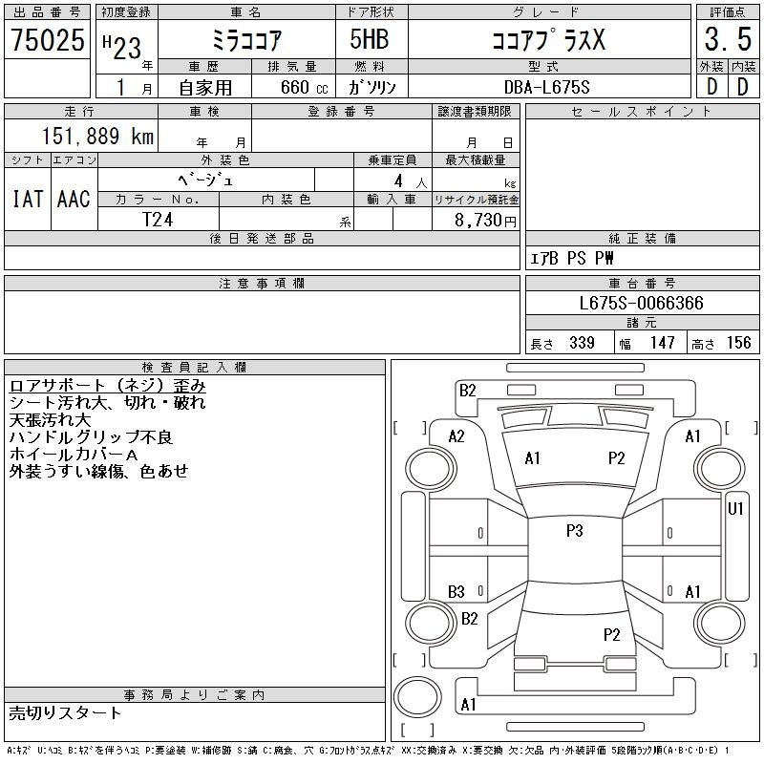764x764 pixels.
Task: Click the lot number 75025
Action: (x=47, y=39)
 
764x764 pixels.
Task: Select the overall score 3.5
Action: (x=728, y=39)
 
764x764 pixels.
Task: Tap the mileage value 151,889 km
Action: (x=97, y=136)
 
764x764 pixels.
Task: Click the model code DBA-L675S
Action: (x=546, y=87)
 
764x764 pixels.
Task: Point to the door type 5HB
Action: (x=370, y=39)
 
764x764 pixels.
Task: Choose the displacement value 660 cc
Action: (x=304, y=87)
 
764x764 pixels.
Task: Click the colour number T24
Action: (x=158, y=220)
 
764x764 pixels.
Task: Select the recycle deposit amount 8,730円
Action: (x=485, y=221)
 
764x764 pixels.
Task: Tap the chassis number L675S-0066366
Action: (x=641, y=303)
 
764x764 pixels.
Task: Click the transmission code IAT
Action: (x=28, y=199)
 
